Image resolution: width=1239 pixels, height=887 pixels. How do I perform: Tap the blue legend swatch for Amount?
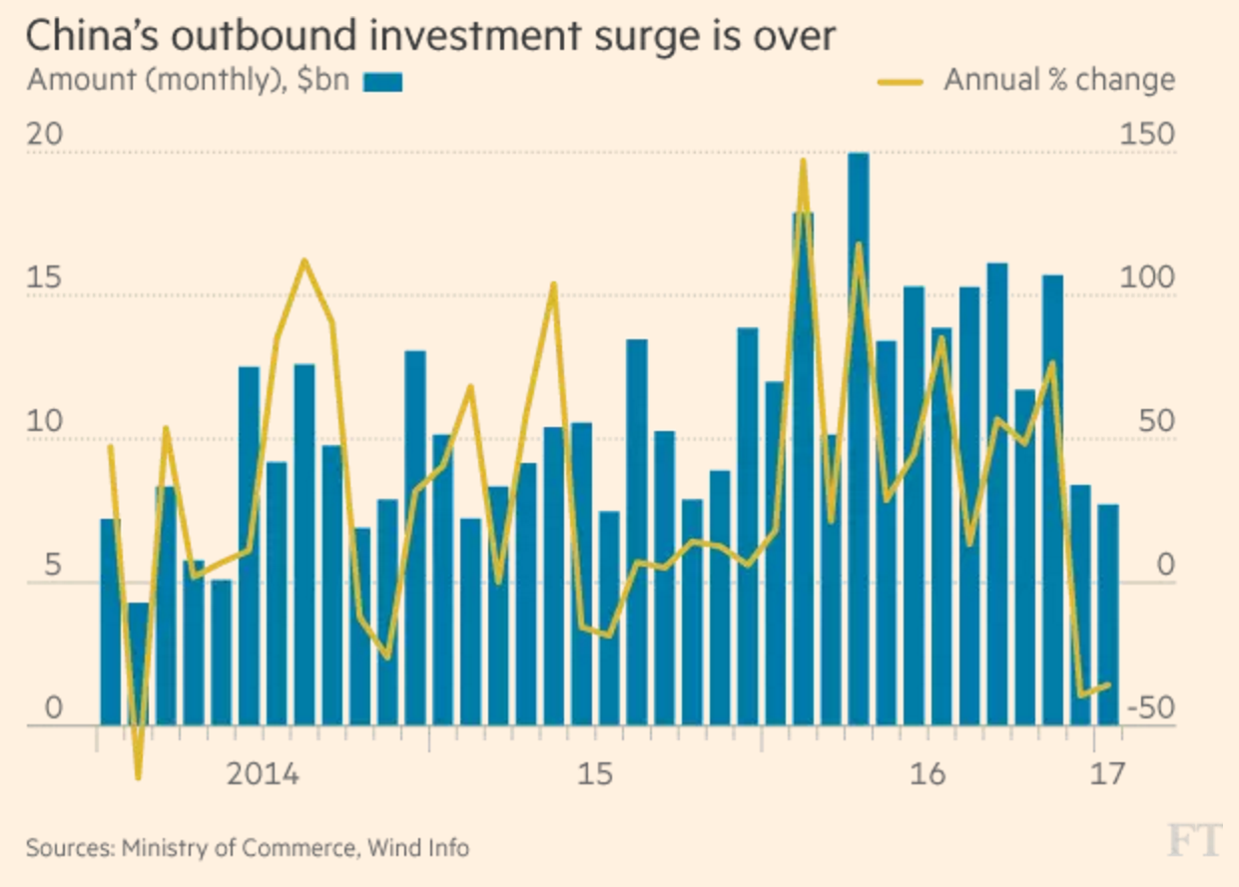click(382, 82)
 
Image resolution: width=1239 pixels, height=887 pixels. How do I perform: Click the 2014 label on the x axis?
click(264, 774)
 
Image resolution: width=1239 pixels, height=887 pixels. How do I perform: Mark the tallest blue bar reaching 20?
click(858, 439)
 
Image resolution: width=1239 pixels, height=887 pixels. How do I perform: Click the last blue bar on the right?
click(1107, 615)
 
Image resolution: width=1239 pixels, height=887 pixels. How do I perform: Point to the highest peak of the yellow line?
click(803, 162)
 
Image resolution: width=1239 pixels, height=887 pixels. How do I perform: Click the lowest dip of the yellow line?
click(138, 776)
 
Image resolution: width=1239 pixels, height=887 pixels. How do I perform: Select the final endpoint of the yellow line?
click(1108, 684)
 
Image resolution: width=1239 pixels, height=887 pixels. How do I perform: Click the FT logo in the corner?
click(1194, 841)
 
